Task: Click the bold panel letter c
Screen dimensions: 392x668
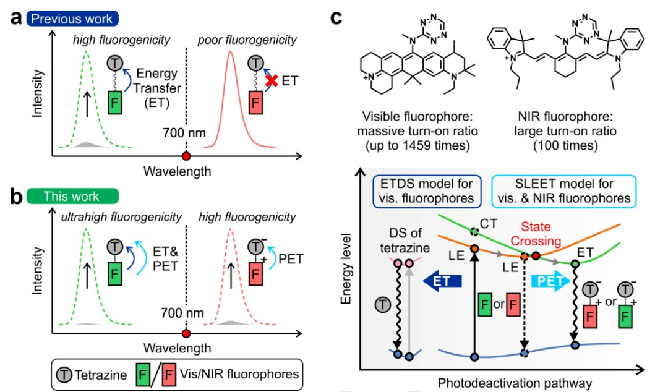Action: [335, 17]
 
